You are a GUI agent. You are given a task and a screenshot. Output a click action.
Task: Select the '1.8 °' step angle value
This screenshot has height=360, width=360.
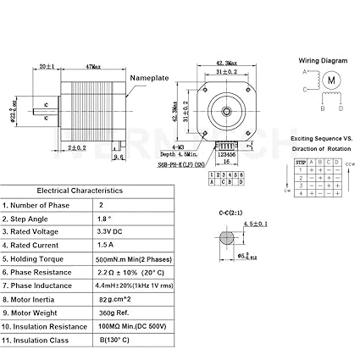pos(106,218)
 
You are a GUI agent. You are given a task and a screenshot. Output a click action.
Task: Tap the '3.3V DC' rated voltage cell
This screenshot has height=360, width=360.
pos(110,231)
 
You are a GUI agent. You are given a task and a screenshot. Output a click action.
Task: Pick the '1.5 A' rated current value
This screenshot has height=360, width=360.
pos(107,245)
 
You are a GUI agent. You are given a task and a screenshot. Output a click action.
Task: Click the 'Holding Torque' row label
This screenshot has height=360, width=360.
pos(38,258)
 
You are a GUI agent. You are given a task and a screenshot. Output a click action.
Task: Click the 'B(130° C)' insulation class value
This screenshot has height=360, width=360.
pos(114,340)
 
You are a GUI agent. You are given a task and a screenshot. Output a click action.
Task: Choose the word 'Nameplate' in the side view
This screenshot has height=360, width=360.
pos(150,78)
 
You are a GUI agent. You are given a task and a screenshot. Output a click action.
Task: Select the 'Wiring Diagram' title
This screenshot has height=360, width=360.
pos(323,61)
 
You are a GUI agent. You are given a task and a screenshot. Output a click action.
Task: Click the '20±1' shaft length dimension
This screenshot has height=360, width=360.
pos(47,66)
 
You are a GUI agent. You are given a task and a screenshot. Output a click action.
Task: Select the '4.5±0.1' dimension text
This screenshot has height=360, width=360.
pos(255,224)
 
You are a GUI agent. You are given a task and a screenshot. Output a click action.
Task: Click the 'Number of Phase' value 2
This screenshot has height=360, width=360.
pos(102,204)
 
